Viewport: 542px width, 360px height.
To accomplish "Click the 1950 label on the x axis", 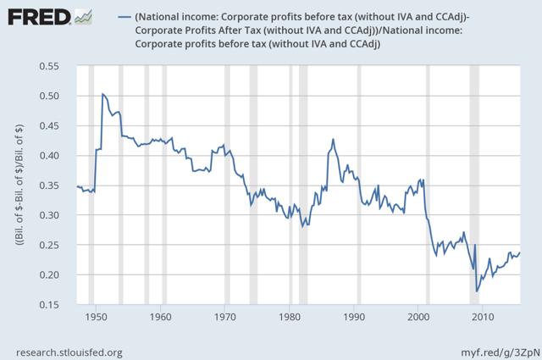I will click(x=96, y=318).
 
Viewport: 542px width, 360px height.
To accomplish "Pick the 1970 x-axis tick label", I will click(x=225, y=318).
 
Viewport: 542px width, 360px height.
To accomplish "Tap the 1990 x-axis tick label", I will click(x=354, y=318).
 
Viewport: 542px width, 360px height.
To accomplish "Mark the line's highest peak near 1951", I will click(x=102, y=93).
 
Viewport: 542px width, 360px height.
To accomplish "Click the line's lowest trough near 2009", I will click(x=477, y=291).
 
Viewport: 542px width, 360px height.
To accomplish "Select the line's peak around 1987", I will click(x=333, y=139).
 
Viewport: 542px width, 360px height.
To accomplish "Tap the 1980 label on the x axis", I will click(x=290, y=318).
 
